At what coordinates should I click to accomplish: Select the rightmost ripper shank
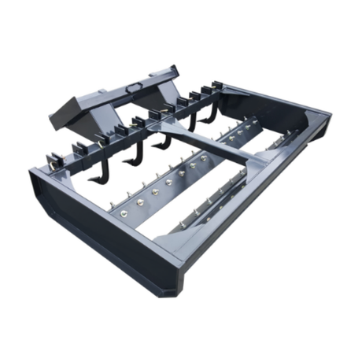tap(194, 118)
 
